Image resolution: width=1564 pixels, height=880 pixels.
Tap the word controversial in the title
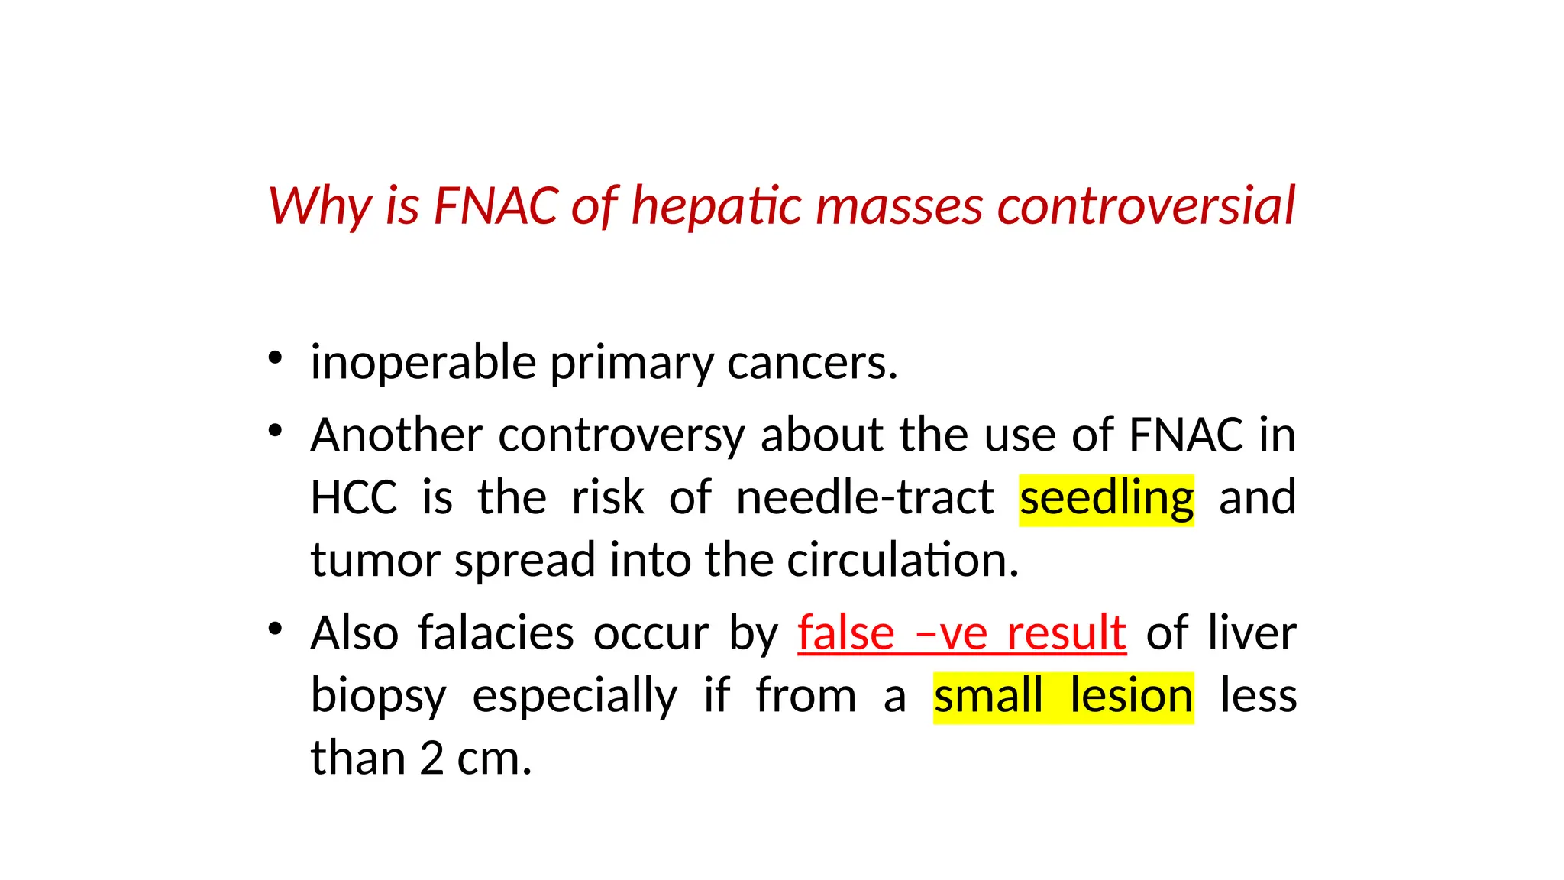(x=1146, y=206)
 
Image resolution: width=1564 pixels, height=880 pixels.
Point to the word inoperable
(x=423, y=363)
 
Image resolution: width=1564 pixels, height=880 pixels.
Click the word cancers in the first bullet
(x=812, y=363)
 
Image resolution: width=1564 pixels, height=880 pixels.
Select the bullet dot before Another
(x=276, y=431)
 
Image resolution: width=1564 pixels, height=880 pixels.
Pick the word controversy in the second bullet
(x=622, y=436)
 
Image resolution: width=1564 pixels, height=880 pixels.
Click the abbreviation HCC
(x=354, y=498)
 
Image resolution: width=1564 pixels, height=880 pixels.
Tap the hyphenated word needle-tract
(x=865, y=498)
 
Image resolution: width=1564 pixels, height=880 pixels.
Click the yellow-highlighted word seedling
(x=1107, y=500)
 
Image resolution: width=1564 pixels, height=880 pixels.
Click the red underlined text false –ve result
(x=961, y=633)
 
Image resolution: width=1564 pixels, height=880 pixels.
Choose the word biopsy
(x=378, y=697)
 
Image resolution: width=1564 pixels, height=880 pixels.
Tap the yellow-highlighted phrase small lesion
(x=1063, y=697)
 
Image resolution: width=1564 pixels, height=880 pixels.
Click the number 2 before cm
(x=431, y=759)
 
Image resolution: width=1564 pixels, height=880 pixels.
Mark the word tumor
(x=375, y=560)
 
